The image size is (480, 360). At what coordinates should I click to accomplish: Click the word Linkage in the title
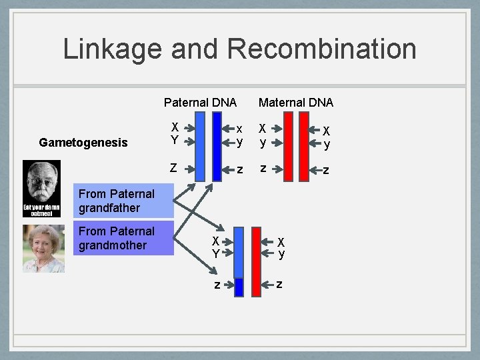click(112, 49)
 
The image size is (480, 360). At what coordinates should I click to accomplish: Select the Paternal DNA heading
click(200, 102)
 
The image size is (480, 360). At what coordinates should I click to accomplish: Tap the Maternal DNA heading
click(296, 102)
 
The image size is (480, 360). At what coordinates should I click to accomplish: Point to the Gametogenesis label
click(83, 142)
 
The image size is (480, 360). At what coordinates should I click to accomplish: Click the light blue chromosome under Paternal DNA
click(200, 146)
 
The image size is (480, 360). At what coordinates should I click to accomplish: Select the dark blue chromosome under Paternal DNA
click(217, 146)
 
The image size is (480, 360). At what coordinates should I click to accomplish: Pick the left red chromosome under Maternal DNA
click(287, 146)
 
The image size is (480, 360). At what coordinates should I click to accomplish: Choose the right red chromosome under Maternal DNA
click(304, 146)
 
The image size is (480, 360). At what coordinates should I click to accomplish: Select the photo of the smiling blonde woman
click(43, 248)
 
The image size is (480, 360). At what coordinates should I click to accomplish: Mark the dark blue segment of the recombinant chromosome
click(239, 287)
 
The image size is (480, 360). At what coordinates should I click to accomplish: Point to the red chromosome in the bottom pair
click(257, 261)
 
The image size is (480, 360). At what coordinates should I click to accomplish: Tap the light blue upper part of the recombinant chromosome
click(239, 251)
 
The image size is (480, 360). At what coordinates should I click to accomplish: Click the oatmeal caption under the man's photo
click(42, 209)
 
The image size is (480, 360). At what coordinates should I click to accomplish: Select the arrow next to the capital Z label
click(189, 168)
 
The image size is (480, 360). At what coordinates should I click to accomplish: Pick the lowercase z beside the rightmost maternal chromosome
click(325, 171)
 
